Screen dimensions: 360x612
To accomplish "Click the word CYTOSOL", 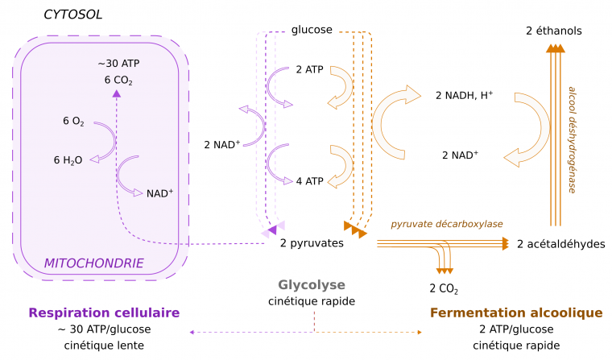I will coord(73,14).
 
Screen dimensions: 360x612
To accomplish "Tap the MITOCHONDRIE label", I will coord(93,263).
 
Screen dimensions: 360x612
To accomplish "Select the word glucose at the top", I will coord(312,30).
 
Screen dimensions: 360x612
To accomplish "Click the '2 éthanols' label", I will coord(553,31).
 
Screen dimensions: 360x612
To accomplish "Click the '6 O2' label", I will coord(73,122).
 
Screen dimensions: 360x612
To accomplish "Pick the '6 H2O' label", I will coord(69,160).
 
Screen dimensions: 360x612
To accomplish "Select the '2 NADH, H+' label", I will coord(464,95).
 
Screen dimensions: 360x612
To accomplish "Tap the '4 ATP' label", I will coord(309,180).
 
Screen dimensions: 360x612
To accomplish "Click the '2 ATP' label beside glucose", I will coord(309,70).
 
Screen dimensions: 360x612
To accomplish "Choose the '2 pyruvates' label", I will coord(312,242).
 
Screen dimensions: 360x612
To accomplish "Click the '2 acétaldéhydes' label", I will coord(560,244).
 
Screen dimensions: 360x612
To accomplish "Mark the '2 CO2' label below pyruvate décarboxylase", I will coord(443,288).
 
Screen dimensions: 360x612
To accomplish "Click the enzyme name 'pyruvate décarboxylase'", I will coord(447,223).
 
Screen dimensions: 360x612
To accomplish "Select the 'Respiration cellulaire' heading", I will coord(104,312).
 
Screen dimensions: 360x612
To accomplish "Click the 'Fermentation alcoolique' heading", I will coord(516,312).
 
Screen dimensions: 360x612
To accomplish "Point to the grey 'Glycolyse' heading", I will coord(312,284).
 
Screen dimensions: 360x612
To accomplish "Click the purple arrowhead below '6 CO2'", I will coord(117,93).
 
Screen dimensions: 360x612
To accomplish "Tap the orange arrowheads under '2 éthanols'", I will coord(553,49).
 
